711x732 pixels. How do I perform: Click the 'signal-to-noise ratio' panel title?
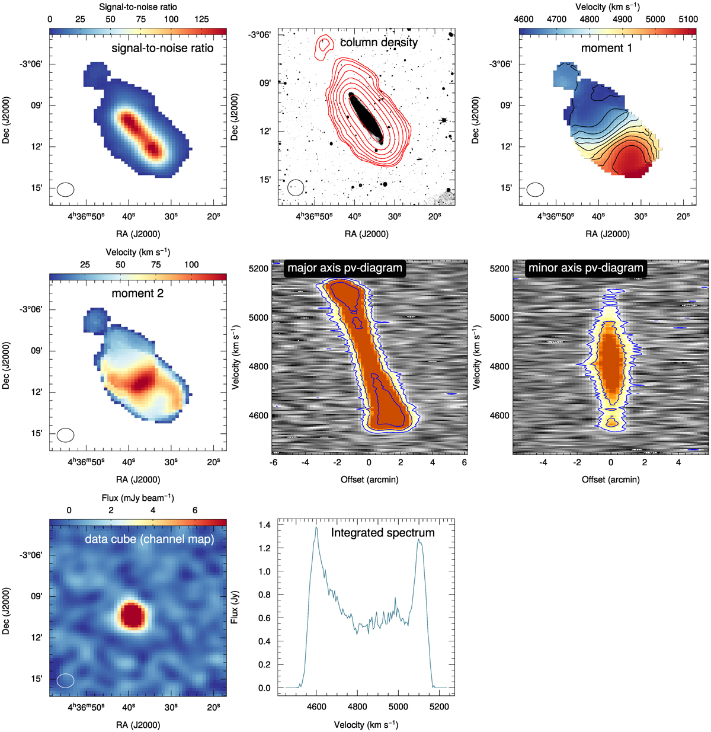pos(162,48)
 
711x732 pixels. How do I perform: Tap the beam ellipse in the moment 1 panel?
pos(536,190)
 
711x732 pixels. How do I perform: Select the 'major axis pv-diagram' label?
pos(345,268)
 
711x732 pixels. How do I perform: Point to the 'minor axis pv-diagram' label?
pos(585,268)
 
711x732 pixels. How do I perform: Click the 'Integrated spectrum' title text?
pos(383,533)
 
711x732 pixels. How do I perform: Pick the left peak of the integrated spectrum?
pos(316,528)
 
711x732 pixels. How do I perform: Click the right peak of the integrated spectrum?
pos(418,540)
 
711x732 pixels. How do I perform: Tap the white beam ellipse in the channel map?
pos(66,680)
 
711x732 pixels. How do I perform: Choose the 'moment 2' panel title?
pos(137,293)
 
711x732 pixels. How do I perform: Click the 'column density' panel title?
pos(379,42)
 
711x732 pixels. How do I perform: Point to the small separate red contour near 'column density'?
pos(324,44)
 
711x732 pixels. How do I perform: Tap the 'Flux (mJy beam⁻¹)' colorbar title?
pos(138,498)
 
